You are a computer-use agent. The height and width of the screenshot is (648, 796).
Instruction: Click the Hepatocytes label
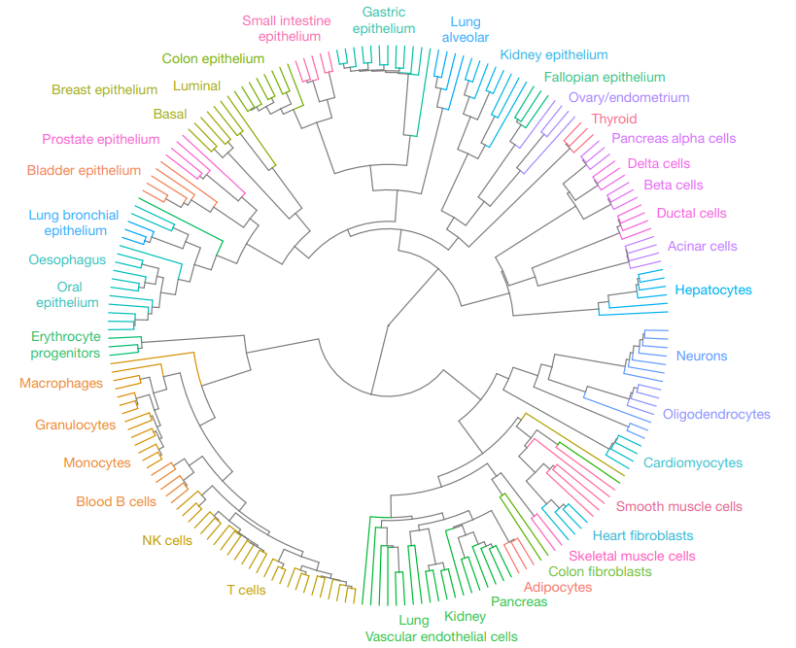713,290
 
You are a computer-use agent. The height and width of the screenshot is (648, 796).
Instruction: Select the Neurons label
702,356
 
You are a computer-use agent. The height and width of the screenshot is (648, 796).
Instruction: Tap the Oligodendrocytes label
716,414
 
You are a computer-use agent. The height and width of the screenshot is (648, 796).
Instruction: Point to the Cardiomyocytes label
693,462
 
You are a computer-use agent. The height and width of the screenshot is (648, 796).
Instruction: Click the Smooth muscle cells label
678,506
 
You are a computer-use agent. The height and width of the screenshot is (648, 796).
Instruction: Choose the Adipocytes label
558,587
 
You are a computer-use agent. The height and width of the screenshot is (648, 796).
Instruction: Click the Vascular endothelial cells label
441,636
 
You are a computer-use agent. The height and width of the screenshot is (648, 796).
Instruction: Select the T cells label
246,590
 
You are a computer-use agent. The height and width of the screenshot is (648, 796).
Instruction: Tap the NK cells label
167,540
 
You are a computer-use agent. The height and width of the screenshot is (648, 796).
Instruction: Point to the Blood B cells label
117,502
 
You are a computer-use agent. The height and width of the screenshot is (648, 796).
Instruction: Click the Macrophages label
61,383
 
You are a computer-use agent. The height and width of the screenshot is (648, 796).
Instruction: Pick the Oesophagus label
67,260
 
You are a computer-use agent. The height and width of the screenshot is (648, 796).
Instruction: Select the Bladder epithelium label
84,170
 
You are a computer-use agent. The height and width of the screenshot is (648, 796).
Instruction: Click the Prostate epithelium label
101,140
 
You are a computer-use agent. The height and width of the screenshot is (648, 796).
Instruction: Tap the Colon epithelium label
213,59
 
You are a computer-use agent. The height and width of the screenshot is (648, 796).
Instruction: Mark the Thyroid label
613,119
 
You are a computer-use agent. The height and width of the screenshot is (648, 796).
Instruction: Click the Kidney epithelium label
554,54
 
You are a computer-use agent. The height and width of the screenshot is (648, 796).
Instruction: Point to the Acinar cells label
702,246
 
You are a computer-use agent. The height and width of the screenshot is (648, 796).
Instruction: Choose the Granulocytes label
75,425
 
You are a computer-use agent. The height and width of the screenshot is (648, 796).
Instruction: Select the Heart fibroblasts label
642,536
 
